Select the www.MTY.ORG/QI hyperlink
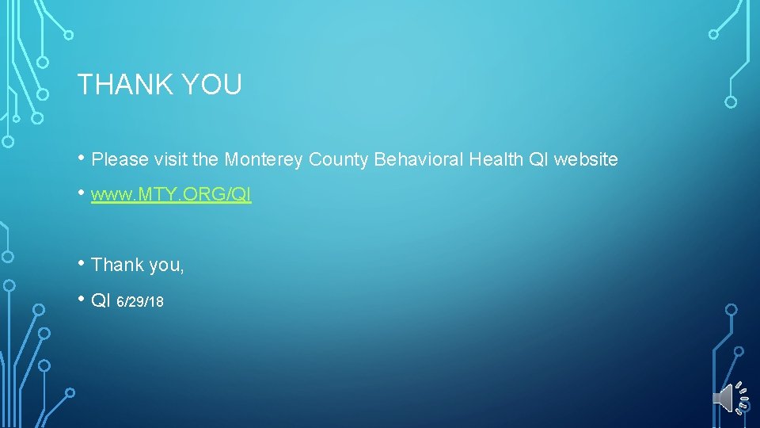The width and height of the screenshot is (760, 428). [x=171, y=195]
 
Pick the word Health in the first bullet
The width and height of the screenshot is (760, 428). [x=496, y=159]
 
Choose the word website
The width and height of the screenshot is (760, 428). [x=586, y=159]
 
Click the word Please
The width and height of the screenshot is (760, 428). [x=120, y=159]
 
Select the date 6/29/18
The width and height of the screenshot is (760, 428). [x=140, y=301]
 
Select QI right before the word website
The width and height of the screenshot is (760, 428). [x=538, y=159]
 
